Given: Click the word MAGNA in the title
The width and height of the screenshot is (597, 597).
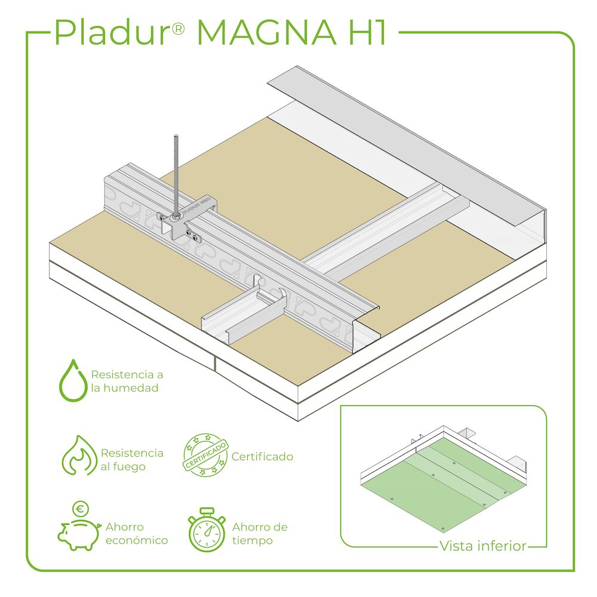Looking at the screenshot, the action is coord(266,33).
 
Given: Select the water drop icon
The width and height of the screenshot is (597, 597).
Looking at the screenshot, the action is coord(73,380).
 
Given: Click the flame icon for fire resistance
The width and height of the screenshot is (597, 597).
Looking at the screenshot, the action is coord(79,456).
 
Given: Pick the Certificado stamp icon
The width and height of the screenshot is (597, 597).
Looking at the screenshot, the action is coord(205,455).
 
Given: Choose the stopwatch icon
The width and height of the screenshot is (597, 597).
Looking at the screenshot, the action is coord(207,530).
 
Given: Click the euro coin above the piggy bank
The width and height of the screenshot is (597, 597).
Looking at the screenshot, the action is coord(81,509).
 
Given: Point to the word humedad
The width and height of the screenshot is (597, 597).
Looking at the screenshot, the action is coord(131,388).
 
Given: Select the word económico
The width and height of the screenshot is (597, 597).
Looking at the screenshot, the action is coord(137,540).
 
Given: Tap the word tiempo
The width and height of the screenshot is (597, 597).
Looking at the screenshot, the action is coord(253,541).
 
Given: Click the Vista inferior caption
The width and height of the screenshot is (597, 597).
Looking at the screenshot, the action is coord(483,546).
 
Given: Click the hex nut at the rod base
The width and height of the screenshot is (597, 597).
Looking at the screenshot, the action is coord(176,217).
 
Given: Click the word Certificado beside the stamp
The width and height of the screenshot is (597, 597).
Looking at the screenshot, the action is coord(262,457).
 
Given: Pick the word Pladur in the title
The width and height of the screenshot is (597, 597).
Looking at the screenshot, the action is coord(111,32).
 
